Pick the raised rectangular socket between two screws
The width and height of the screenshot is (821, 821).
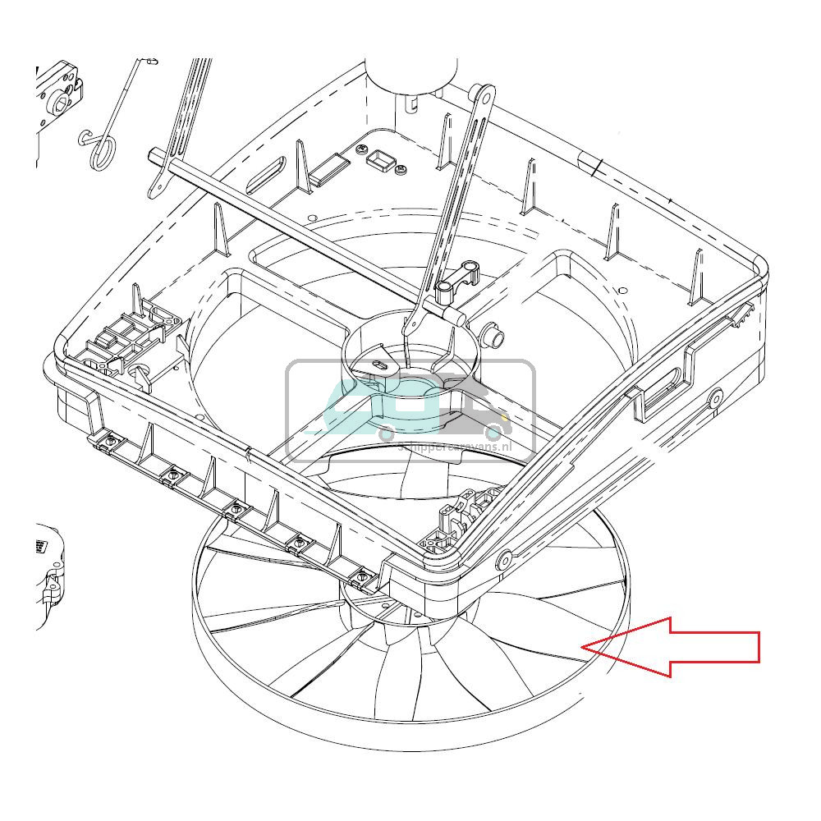pos(381,158)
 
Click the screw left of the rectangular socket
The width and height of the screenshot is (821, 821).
pos(362,149)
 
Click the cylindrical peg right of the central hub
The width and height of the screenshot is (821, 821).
pos(493,333)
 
